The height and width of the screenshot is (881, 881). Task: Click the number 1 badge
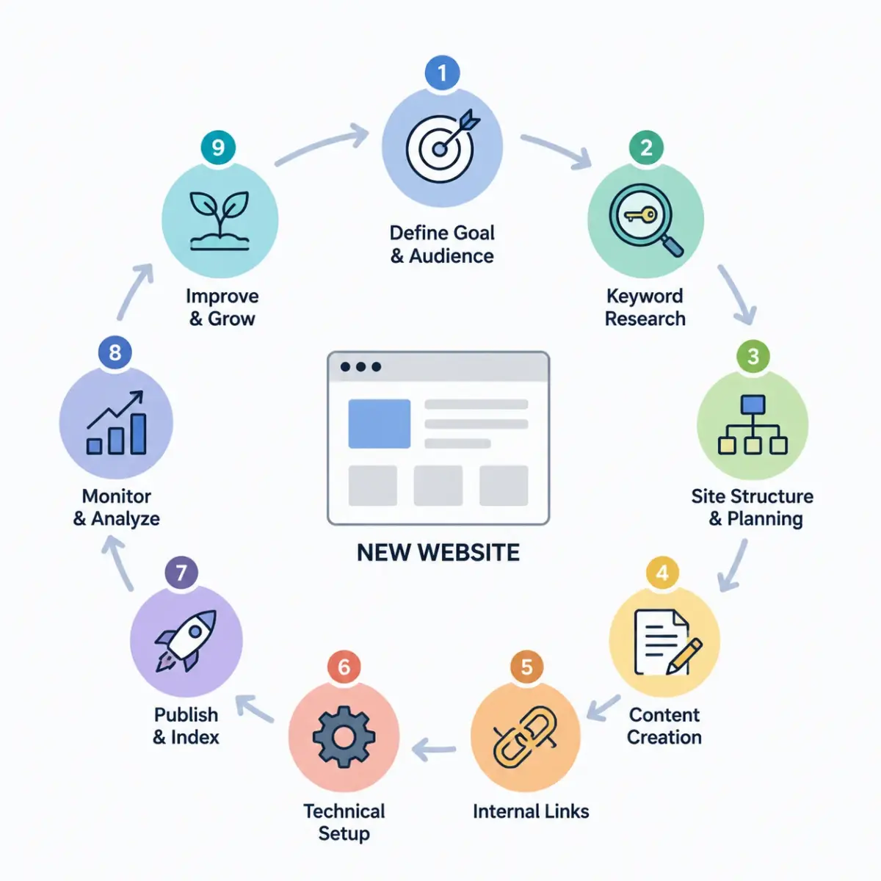pos(442,72)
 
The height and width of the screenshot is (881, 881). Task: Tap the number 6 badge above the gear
pos(344,667)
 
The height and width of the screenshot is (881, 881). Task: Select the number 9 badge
pos(218,148)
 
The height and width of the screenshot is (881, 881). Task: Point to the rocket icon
pos(186,641)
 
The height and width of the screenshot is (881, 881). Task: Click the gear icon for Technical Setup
pos(344,736)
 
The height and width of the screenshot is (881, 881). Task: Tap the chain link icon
pos(525,737)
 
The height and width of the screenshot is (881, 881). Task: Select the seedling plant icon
pos(220,220)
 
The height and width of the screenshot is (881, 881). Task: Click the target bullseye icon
pos(442,146)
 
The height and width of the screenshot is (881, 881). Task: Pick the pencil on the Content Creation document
pos(684,656)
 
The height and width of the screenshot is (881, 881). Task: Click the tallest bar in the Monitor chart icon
pos(138,433)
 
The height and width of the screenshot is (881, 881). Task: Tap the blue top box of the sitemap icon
pos(753,405)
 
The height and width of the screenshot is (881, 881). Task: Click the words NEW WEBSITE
pos(438,552)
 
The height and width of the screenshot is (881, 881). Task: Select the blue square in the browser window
pos(379,424)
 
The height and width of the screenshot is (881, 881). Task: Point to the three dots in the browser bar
pos(360,366)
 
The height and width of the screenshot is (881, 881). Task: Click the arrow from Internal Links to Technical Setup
pos(433,750)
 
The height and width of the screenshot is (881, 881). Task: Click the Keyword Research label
pos(645,307)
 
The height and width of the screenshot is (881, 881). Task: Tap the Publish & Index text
pos(186,725)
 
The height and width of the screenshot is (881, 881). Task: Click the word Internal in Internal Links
pos(501,811)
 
